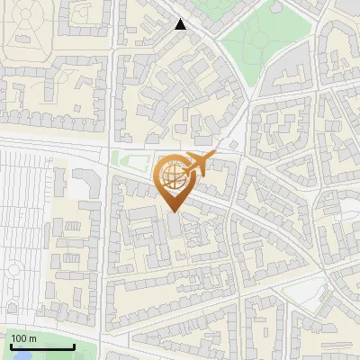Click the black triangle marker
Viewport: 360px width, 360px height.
tap(181, 24)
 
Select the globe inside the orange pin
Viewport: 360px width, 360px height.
tap(171, 176)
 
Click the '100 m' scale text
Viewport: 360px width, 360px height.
tap(23, 338)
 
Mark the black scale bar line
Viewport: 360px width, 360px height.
tap(41, 346)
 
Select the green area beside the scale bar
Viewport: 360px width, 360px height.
tap(85, 351)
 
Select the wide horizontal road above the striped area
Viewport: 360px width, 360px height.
tap(54, 144)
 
